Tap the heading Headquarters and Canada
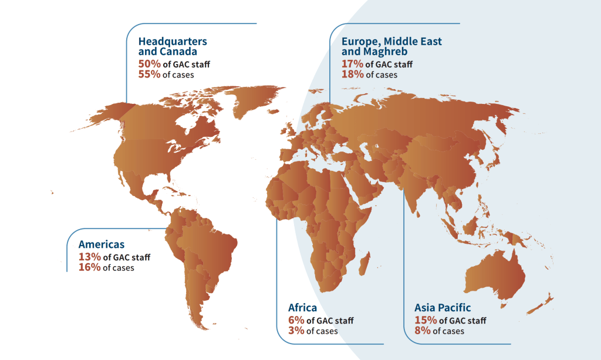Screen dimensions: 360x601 pos(173,46)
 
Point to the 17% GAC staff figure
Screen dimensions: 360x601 pos(352,64)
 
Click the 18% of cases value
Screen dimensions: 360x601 pos(352,75)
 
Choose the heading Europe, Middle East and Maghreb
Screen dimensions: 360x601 pos(391,46)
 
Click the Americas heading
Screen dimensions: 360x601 pos(102,244)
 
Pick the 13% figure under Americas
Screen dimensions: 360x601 pos(89,257)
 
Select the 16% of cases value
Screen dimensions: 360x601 pos(89,267)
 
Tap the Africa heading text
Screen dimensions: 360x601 pos(302,308)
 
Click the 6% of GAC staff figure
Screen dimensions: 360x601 pos(296,320)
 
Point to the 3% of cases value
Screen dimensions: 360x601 pos(296,331)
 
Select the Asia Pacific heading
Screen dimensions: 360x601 pos(443,308)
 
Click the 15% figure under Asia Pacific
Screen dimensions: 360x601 pos(426,320)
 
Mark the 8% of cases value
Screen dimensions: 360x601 pos(423,331)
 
